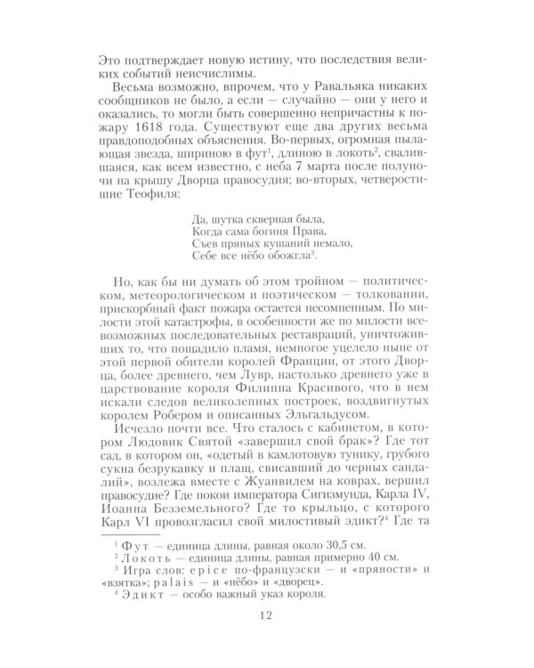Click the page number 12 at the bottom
point(266,615)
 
